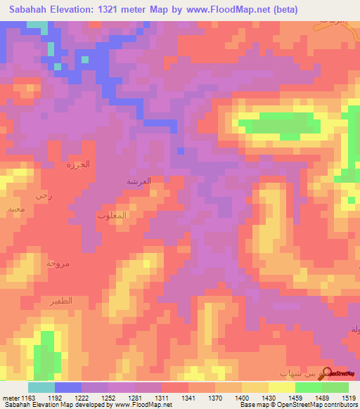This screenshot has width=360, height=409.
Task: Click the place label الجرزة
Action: tap(82, 164)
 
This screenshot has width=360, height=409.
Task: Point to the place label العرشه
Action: tap(139, 181)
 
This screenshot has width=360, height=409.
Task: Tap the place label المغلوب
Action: tap(110, 216)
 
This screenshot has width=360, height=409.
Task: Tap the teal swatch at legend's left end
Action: tap(41, 387)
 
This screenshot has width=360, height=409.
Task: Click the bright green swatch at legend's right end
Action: tap(335, 387)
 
